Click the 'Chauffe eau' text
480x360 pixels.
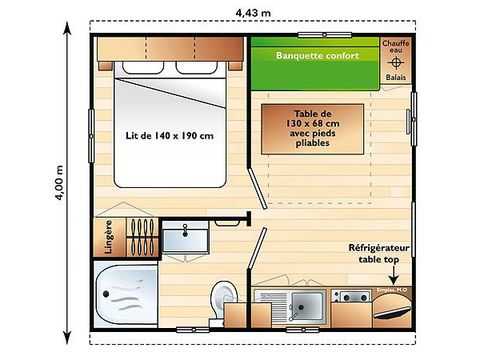(x=395, y=46)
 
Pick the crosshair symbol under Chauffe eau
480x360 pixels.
(x=395, y=63)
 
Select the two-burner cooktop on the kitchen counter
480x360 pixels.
(x=351, y=296)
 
